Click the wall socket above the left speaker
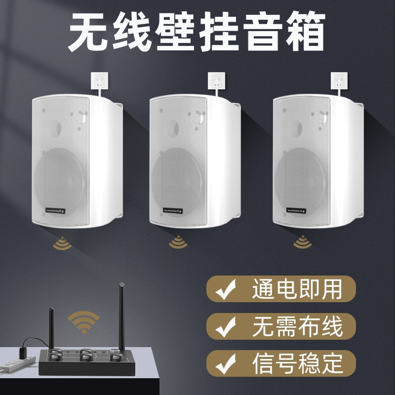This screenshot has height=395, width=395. (x=99, y=80)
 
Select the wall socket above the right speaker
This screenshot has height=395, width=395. (x=339, y=80)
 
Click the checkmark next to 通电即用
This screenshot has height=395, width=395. (x=226, y=290)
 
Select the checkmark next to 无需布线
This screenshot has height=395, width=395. (x=226, y=326)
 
